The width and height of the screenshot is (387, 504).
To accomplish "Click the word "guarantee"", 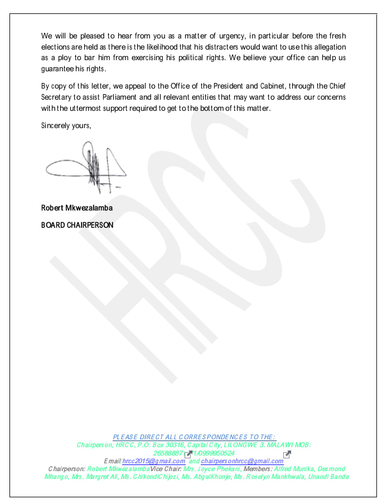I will click(x=59, y=69).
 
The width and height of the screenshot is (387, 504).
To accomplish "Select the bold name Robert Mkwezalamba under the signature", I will click(x=77, y=208).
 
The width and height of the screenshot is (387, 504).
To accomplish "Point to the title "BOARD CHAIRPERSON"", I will click(x=78, y=225).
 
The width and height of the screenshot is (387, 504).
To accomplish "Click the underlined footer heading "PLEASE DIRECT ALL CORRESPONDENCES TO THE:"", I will click(x=194, y=437).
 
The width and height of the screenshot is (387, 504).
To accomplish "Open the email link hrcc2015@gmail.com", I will click(x=154, y=461).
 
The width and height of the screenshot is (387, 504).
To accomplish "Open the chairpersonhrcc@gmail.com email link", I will click(x=242, y=461).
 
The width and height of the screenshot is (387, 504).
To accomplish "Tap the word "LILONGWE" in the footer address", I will click(x=245, y=445).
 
